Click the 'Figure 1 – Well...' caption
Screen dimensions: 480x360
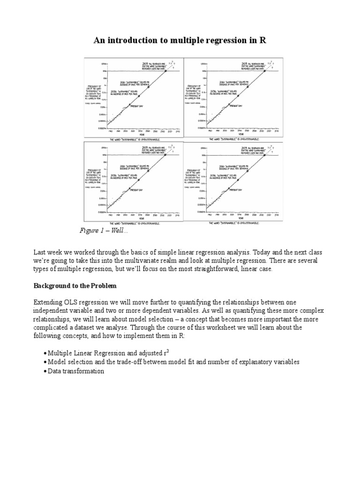104,231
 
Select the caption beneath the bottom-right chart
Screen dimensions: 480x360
233,223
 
